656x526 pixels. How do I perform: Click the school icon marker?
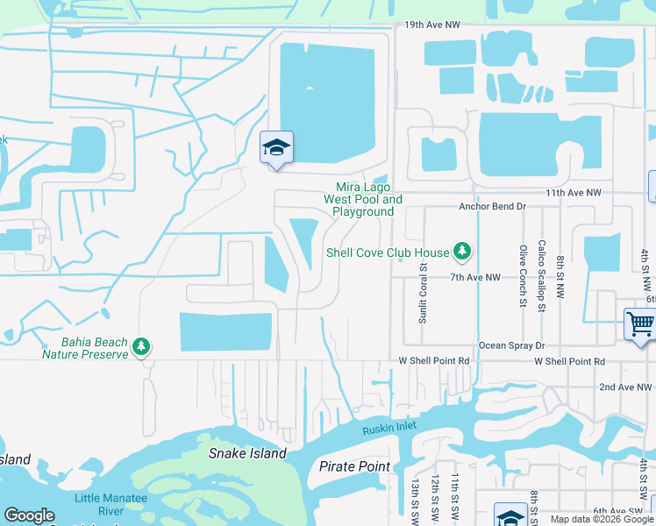click(x=276, y=147)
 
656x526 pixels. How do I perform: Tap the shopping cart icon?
click(x=640, y=323)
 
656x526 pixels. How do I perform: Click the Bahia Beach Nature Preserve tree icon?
click(x=140, y=348)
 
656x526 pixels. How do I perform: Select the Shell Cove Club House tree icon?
click(x=462, y=252)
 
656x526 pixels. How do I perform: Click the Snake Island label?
click(x=247, y=453)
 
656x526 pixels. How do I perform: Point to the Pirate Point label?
click(x=354, y=466)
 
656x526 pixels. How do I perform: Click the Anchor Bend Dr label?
click(x=492, y=207)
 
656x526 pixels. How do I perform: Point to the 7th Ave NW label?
click(x=474, y=277)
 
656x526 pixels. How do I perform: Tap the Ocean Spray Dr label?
click(x=511, y=345)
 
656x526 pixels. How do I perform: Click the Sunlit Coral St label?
click(x=423, y=294)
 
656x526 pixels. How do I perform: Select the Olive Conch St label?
click(x=523, y=275)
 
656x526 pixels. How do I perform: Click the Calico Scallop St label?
click(x=542, y=275)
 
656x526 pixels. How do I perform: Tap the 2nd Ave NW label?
click(x=624, y=387)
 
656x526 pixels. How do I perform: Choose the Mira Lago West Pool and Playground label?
click(x=363, y=199)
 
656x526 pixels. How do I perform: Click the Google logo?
click(x=29, y=515)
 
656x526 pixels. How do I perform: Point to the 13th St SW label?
click(x=415, y=500)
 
